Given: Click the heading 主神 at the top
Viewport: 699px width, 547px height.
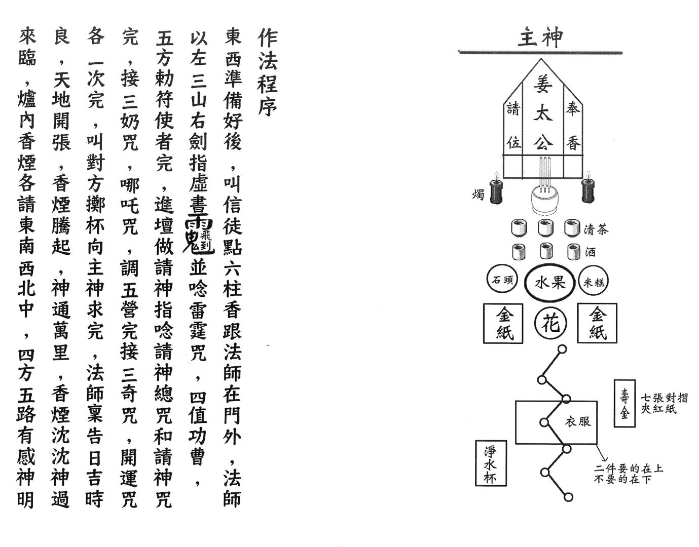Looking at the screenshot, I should [540, 37].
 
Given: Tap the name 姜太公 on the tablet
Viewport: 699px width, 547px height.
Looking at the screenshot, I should [542, 114].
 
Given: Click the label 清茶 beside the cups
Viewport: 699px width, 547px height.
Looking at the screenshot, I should [596, 229].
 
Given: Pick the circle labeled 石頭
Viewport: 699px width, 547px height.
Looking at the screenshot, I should [502, 281].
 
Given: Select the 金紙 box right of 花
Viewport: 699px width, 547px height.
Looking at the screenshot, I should [597, 323].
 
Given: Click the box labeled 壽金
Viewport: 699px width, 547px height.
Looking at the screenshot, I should [624, 403].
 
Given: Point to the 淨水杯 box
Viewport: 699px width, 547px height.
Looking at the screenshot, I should [491, 462].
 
